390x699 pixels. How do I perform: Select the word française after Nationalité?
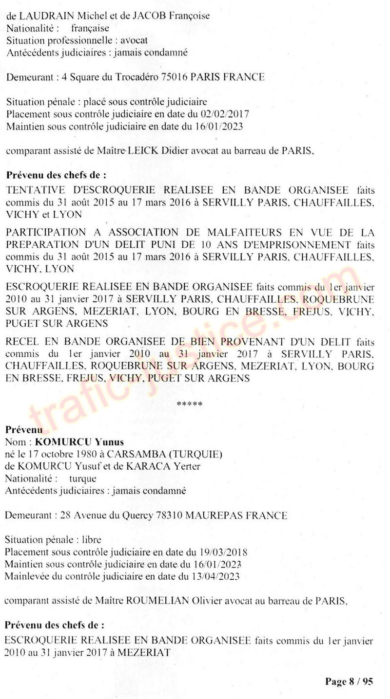90,28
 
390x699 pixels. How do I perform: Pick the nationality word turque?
82,478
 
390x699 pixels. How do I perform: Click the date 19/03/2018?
224,552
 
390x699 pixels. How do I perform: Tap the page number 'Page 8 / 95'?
349,681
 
